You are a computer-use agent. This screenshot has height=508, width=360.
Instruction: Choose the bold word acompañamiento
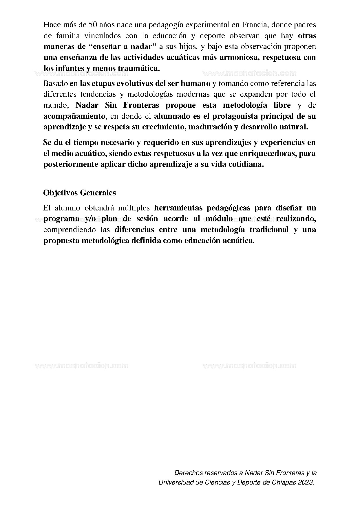74,116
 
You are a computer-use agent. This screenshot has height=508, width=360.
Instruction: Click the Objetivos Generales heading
80,193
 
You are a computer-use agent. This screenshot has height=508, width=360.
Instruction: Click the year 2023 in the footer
308,482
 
